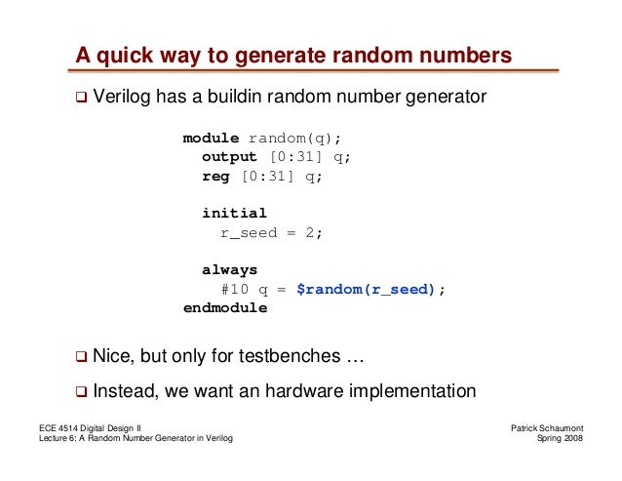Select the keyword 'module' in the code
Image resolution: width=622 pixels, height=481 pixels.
tap(211, 138)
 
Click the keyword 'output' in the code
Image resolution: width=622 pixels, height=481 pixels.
tap(229, 156)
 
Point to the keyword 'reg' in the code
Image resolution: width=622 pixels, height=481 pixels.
tap(215, 176)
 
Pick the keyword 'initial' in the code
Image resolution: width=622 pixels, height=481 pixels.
tap(234, 213)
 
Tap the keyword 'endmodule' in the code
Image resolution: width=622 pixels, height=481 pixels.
tap(225, 307)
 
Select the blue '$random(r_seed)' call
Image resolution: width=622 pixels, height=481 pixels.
tap(366, 289)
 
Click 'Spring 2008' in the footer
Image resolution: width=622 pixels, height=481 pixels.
tap(560, 442)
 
